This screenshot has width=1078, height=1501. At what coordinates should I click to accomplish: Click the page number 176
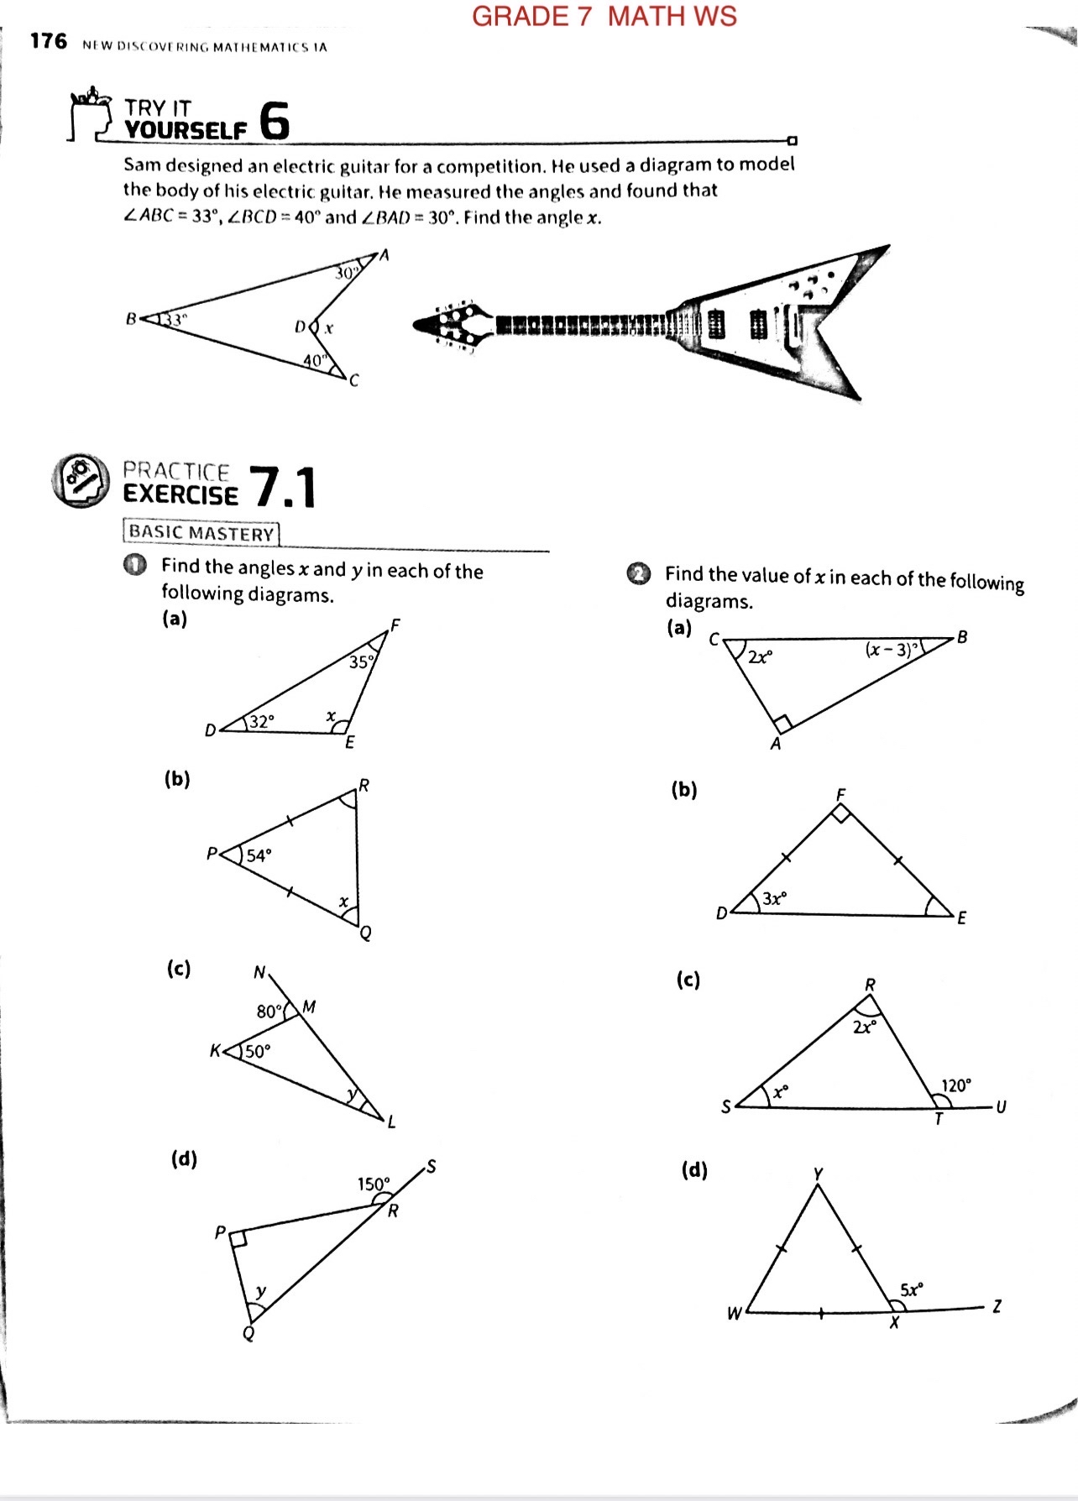[48, 41]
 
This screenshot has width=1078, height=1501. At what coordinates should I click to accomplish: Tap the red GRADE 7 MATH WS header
[604, 16]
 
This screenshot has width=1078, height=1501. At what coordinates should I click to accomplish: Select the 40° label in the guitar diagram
[314, 361]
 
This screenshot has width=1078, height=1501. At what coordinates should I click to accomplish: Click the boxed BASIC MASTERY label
[201, 533]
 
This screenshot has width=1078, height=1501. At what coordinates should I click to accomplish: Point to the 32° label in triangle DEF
[261, 721]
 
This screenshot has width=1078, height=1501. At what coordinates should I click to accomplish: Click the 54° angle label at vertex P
[259, 855]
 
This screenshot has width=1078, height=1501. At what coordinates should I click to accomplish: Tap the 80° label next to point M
[269, 1011]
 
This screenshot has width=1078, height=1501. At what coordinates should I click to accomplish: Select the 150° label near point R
[374, 1184]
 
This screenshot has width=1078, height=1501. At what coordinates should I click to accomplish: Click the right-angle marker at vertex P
[238, 1240]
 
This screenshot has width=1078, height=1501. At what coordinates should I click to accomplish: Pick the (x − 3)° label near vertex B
[893, 649]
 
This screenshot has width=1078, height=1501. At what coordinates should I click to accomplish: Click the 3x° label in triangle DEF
[774, 898]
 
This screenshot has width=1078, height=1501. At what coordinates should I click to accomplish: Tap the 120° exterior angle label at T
[955, 1085]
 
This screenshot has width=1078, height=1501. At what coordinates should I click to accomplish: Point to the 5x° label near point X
[911, 1289]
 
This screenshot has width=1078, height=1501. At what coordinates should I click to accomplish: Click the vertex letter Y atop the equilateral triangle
[818, 1173]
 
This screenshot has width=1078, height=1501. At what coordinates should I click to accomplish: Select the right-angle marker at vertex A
[782, 723]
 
